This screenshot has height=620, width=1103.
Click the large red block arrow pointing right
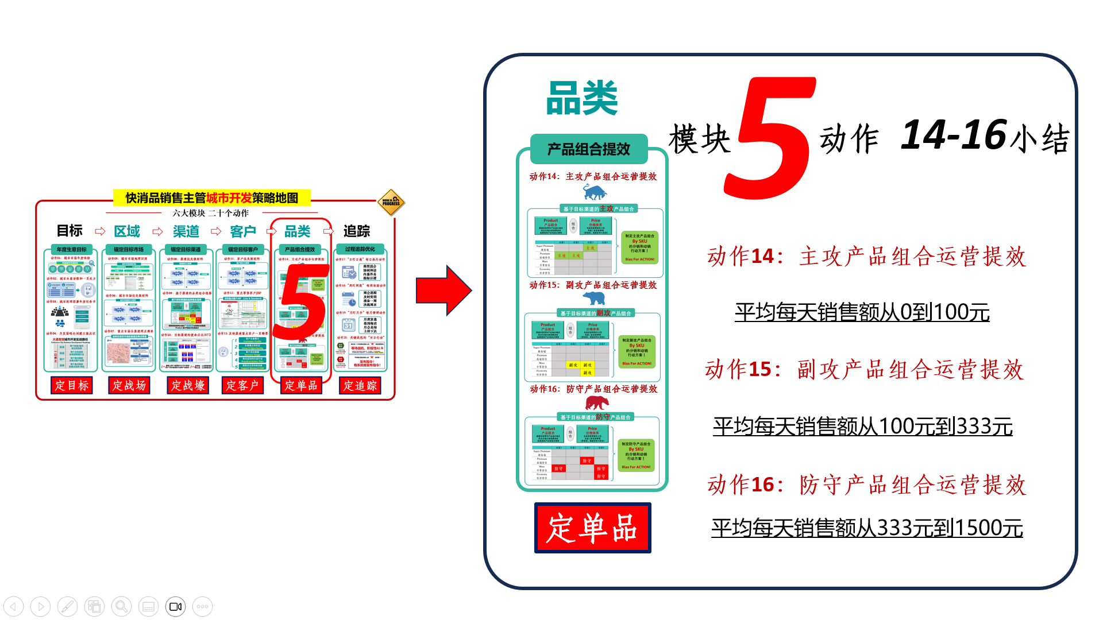coord(443,290)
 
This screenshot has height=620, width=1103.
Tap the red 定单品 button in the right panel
coord(592,528)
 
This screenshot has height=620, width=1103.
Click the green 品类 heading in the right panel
coord(581,98)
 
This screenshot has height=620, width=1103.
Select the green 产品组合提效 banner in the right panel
coord(589,149)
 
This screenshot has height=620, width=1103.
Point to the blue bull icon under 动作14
coord(595,192)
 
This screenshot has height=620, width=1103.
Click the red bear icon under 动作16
coord(596,402)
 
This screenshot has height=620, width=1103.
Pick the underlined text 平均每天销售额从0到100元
coord(862,312)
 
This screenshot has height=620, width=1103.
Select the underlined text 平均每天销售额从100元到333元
coord(862,427)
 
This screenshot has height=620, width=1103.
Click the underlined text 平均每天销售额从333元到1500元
coord(867,528)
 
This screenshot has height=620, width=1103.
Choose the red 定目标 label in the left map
coord(72,385)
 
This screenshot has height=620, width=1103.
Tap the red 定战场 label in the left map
coord(129,385)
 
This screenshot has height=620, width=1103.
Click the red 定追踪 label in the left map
coord(360,385)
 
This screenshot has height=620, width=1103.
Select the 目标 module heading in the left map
coord(70,231)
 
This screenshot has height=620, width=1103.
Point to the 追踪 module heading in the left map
coord(357,231)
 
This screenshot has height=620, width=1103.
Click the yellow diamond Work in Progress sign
coord(392,202)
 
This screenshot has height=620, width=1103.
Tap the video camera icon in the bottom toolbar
coord(175,606)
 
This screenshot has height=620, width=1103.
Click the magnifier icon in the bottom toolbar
coord(121,606)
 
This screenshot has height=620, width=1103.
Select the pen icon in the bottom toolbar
coord(67,606)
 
